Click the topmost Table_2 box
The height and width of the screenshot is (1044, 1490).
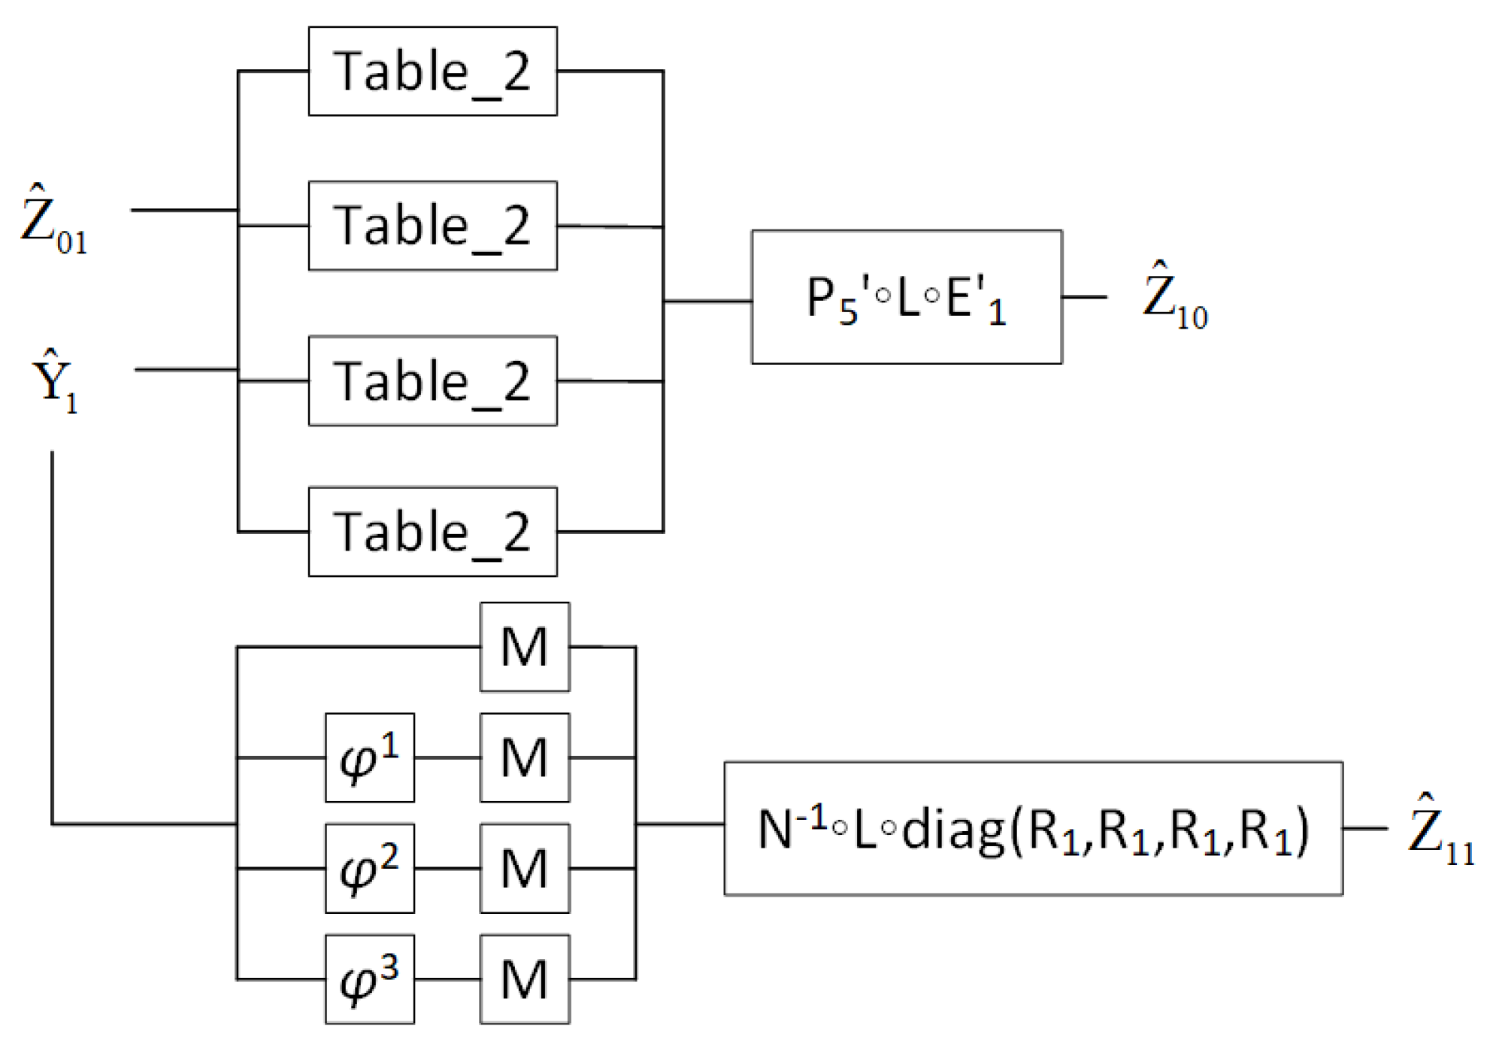click(432, 71)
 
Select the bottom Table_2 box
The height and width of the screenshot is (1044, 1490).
click(432, 532)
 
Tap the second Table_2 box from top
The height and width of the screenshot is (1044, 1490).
click(432, 226)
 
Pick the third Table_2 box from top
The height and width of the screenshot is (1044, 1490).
click(432, 381)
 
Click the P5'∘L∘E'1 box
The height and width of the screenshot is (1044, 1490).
click(907, 297)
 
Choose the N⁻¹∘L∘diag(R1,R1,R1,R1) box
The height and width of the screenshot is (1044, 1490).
click(1033, 828)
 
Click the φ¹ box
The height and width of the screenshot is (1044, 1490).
click(369, 757)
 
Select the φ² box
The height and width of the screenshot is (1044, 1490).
click(369, 868)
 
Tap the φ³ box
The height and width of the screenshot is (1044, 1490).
click(369, 979)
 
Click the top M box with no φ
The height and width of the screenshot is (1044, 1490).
click(525, 647)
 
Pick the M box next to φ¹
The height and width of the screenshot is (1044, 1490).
click(525, 757)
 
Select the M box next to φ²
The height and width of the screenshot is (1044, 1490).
click(525, 868)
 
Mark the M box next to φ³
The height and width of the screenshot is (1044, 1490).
click(525, 979)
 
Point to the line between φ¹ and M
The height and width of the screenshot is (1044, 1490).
click(447, 757)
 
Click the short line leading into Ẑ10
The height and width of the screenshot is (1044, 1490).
click(1084, 297)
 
